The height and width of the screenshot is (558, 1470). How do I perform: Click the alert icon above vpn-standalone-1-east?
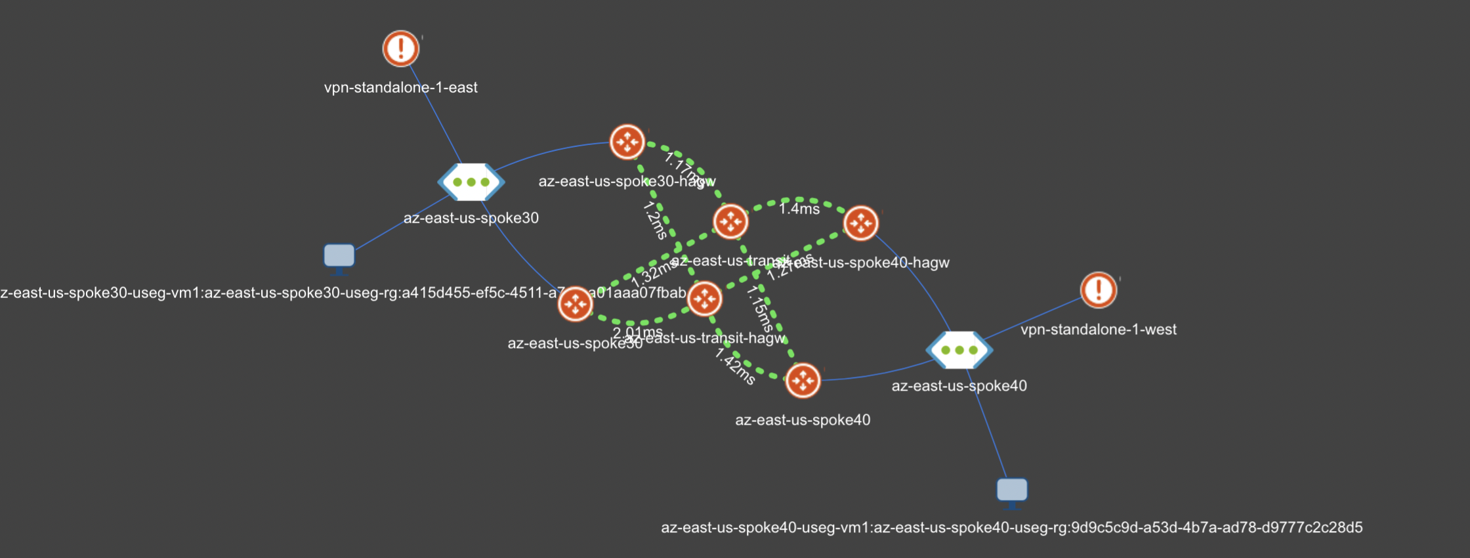click(400, 49)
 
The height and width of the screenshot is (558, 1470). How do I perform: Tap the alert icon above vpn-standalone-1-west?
click(1098, 290)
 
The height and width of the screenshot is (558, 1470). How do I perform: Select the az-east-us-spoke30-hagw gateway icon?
click(627, 142)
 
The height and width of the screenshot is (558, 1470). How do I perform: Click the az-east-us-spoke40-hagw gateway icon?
click(860, 223)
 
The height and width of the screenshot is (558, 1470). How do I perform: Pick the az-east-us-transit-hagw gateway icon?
click(704, 299)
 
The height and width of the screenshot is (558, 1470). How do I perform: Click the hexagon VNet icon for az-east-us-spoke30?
click(471, 182)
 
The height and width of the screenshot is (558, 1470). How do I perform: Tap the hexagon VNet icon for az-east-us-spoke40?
click(959, 350)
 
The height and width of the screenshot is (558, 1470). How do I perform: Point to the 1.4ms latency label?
click(799, 209)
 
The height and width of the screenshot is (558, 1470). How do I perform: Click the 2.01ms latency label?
click(637, 332)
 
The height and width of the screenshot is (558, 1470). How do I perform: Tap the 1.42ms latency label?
click(735, 366)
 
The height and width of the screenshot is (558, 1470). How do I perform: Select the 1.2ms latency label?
click(655, 220)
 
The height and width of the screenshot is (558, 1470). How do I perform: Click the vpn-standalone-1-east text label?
click(400, 87)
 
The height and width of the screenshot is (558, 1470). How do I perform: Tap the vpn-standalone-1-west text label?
click(1098, 330)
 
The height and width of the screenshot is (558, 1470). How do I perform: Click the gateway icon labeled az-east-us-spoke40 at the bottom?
click(802, 380)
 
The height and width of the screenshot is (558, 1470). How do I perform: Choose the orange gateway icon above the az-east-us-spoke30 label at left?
click(575, 304)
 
